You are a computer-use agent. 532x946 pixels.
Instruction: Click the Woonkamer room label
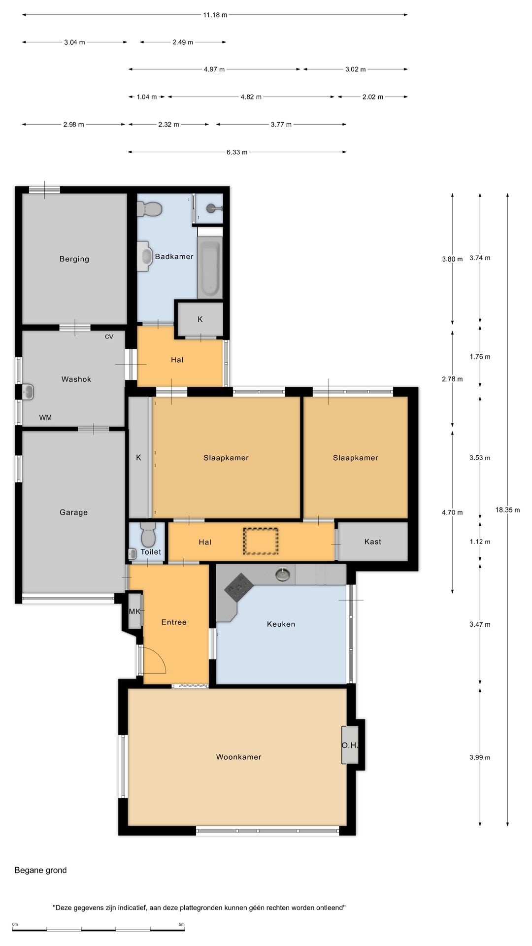[238, 757]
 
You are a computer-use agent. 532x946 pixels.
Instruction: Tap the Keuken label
[281, 624]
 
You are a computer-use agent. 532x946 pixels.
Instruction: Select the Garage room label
[73, 512]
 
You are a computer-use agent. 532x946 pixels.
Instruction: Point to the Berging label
[74, 259]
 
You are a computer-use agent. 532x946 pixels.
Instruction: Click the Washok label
[76, 379]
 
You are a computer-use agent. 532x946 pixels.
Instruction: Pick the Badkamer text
[174, 256]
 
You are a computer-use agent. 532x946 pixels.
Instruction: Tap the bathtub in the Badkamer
[210, 268]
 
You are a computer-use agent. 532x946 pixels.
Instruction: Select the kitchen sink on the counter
[282, 574]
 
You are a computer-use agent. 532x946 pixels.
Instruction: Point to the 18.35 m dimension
[507, 510]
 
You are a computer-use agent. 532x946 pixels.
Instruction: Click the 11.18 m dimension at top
[215, 15]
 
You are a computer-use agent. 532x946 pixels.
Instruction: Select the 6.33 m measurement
[237, 152]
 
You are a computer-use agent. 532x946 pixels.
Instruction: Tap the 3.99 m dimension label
[480, 757]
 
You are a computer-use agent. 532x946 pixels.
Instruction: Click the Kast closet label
[373, 541]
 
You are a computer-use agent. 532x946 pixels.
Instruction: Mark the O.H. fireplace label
[350, 745]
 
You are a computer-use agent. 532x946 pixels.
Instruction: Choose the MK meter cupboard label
[134, 611]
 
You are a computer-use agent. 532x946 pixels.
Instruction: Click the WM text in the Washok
[45, 418]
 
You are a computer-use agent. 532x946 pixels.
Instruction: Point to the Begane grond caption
[40, 870]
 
